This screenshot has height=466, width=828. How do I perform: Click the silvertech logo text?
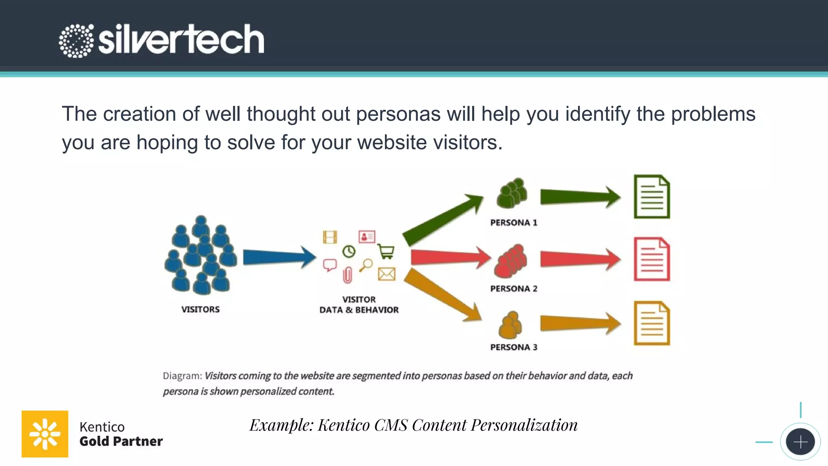[x=181, y=39]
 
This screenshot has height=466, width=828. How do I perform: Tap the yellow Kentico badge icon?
[x=45, y=434]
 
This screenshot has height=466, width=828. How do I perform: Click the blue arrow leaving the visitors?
[x=279, y=257]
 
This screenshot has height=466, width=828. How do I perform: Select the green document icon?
[x=651, y=197]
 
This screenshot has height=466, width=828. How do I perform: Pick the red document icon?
[x=651, y=259]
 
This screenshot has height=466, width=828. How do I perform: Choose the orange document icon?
[x=651, y=323]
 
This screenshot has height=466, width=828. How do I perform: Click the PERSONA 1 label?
[x=513, y=222]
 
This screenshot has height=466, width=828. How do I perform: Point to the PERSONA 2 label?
[x=513, y=288]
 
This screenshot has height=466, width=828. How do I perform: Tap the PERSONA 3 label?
[x=513, y=347]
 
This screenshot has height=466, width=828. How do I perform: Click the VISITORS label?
[x=200, y=309]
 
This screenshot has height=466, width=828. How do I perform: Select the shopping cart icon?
[x=386, y=251]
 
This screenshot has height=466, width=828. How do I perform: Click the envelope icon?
[x=387, y=274]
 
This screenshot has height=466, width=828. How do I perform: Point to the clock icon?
[x=349, y=252]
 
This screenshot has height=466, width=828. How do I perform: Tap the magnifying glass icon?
[x=366, y=265]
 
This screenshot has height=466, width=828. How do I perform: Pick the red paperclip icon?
[x=347, y=275]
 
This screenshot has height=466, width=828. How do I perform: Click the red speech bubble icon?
[x=330, y=265]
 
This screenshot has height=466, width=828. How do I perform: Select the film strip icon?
[x=330, y=237]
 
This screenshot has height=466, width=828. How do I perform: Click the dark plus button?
[x=800, y=442]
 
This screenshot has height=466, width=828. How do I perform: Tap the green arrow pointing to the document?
[x=580, y=197]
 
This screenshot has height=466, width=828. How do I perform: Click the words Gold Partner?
[x=121, y=441]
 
